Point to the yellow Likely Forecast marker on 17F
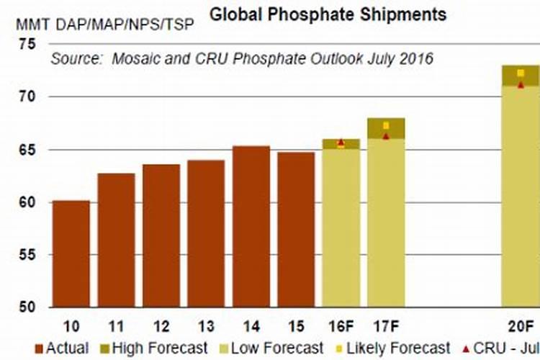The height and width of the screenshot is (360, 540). click(x=386, y=126)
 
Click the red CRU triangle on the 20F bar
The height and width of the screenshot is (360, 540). click(x=521, y=85)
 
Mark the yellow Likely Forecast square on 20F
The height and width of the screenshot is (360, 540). click(x=521, y=73)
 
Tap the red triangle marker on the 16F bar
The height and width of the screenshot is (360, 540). click(x=341, y=143)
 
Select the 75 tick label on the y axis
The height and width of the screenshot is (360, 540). click(x=27, y=45)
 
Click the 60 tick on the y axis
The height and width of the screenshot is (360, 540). click(x=27, y=202)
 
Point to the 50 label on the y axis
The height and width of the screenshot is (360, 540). click(x=27, y=307)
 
